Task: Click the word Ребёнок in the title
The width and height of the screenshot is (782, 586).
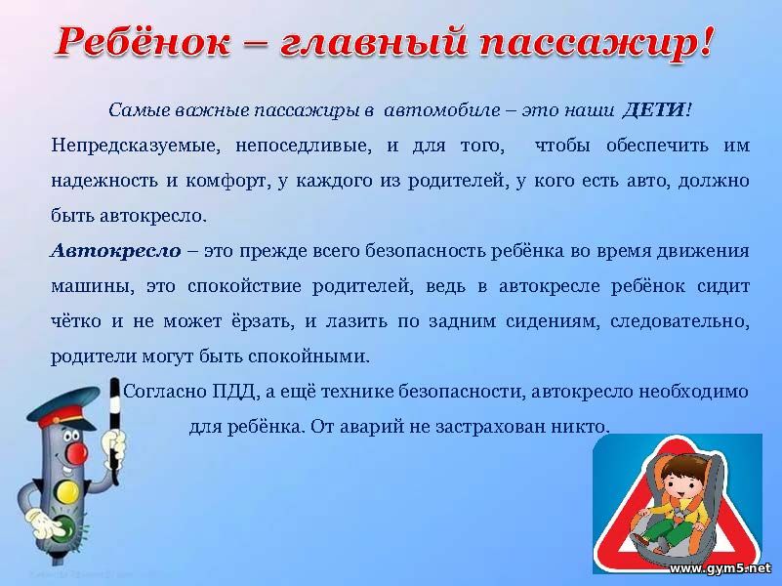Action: coord(143,41)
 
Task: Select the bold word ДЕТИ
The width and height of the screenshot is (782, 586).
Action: coord(654,109)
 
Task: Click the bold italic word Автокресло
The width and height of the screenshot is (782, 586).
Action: coord(116,250)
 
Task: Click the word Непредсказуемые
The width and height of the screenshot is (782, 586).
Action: coord(136,146)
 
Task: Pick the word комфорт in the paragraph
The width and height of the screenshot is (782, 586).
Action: coord(226,181)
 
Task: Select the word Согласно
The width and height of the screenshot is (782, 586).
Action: coord(166,392)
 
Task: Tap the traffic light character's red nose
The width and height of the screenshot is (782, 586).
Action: coord(77,454)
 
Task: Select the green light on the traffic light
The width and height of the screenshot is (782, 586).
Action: coord(65,527)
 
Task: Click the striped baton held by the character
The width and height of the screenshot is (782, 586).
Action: coord(114,430)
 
